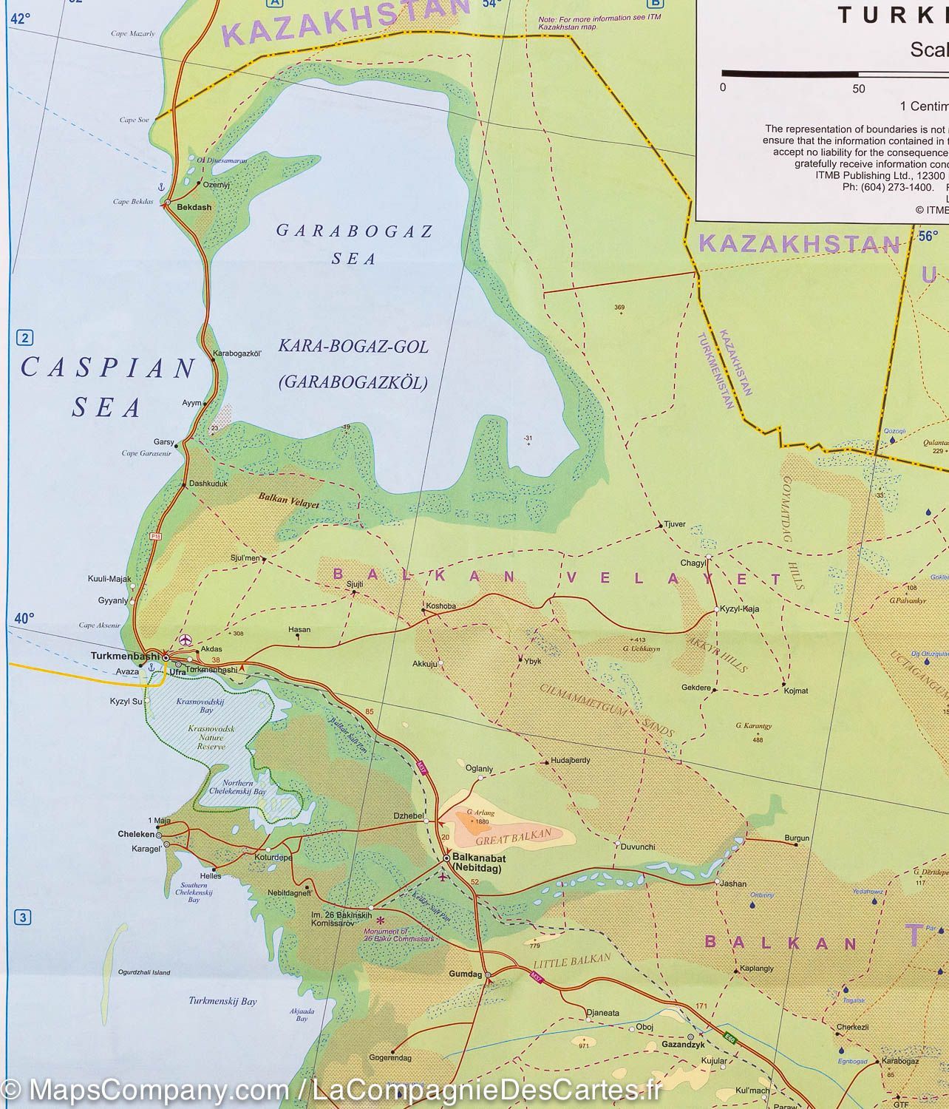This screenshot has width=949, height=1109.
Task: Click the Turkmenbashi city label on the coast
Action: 124,656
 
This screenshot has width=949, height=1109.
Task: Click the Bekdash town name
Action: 194,207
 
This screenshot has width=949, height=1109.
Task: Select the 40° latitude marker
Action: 24,618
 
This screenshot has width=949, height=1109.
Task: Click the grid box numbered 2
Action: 25,339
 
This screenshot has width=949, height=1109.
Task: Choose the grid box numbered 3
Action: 24,918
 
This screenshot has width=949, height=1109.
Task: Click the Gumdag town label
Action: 465,974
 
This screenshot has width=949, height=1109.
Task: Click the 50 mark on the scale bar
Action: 858,89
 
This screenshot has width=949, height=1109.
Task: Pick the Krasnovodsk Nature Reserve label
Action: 211,737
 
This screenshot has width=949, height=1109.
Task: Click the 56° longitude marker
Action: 928,237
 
